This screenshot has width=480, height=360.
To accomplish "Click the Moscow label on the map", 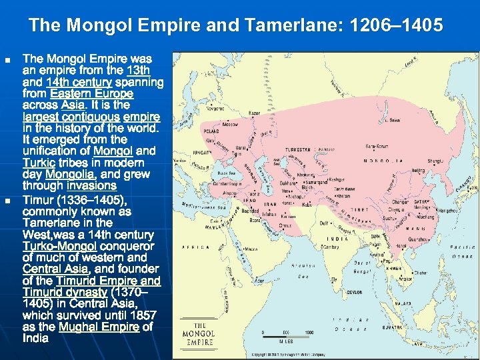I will (x=230, y=125).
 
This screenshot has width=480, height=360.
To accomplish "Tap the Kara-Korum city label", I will (x=376, y=146).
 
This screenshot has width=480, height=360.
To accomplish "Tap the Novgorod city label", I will (x=215, y=107).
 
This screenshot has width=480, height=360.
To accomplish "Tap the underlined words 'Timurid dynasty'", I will (x=64, y=292).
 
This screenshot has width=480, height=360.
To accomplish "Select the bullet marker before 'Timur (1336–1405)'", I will (x=7, y=201).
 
